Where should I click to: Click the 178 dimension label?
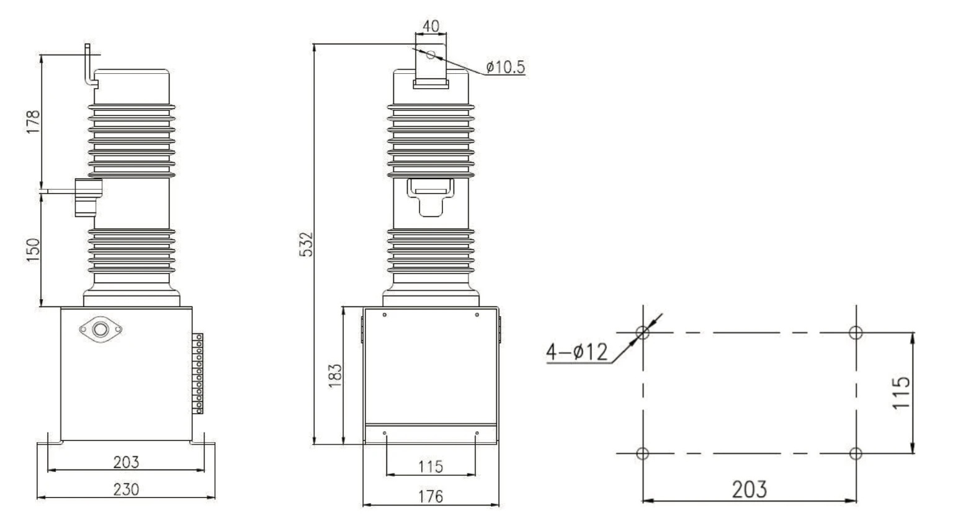point(33,122)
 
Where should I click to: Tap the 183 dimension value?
point(334,376)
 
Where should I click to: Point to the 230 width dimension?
point(126,489)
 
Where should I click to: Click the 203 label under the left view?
point(126,462)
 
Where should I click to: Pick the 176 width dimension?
point(430,496)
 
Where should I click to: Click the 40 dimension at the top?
point(430,26)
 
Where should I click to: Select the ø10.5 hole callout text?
point(505,66)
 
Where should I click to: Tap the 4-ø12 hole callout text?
point(576,352)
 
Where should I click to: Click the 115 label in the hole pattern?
point(902,392)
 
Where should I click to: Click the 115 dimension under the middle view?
point(430,466)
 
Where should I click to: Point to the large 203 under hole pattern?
point(749,489)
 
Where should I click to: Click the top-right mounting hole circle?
point(856,332)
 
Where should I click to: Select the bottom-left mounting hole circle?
point(643,453)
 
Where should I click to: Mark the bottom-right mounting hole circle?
point(856,453)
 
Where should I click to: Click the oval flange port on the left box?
point(101,329)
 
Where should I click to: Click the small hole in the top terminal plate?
point(431,55)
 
